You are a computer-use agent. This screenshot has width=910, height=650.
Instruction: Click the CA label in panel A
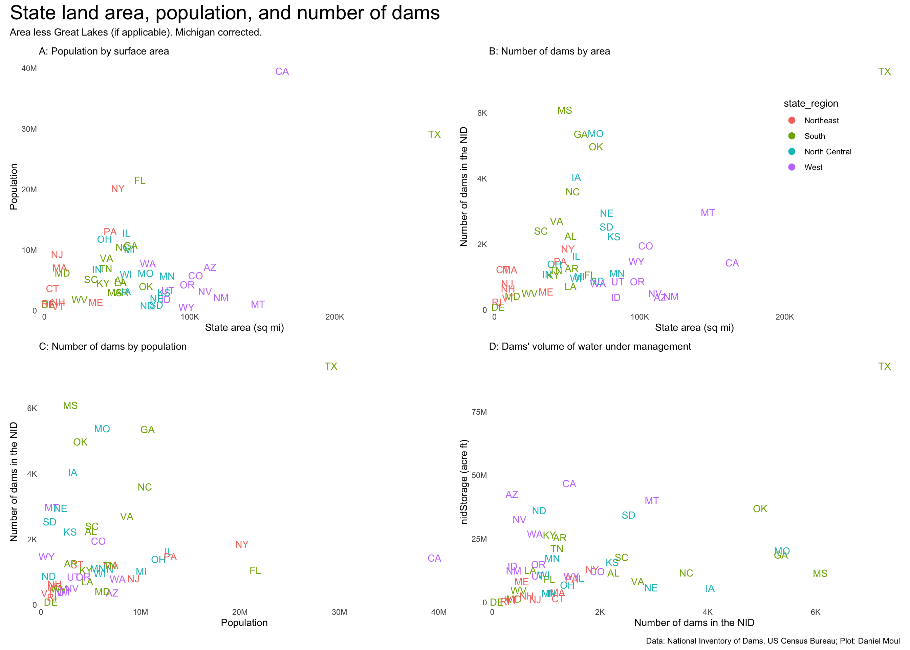(282, 72)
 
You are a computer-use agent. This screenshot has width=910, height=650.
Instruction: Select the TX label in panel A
(434, 134)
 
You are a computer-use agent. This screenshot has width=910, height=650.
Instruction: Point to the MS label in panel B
(565, 110)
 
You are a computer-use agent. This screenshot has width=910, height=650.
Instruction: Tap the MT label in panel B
(708, 213)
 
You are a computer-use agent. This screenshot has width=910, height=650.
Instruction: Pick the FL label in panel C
(255, 570)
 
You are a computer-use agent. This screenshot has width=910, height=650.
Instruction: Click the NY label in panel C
(242, 544)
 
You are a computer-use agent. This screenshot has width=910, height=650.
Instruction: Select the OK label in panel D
(760, 509)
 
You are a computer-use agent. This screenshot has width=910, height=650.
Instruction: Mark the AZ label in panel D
(512, 494)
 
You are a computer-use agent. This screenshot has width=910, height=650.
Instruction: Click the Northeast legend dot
(792, 121)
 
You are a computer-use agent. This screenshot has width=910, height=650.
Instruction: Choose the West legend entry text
(813, 167)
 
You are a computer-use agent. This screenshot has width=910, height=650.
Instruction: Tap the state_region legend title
(811, 103)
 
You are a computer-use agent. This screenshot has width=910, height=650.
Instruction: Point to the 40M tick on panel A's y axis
(29, 68)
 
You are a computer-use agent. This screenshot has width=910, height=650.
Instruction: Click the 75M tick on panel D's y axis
(479, 412)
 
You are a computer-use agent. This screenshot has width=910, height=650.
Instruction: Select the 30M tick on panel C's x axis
(339, 612)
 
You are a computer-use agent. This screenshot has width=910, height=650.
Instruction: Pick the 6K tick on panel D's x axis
(815, 612)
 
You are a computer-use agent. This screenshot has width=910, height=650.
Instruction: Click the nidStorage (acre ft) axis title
(464, 481)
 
